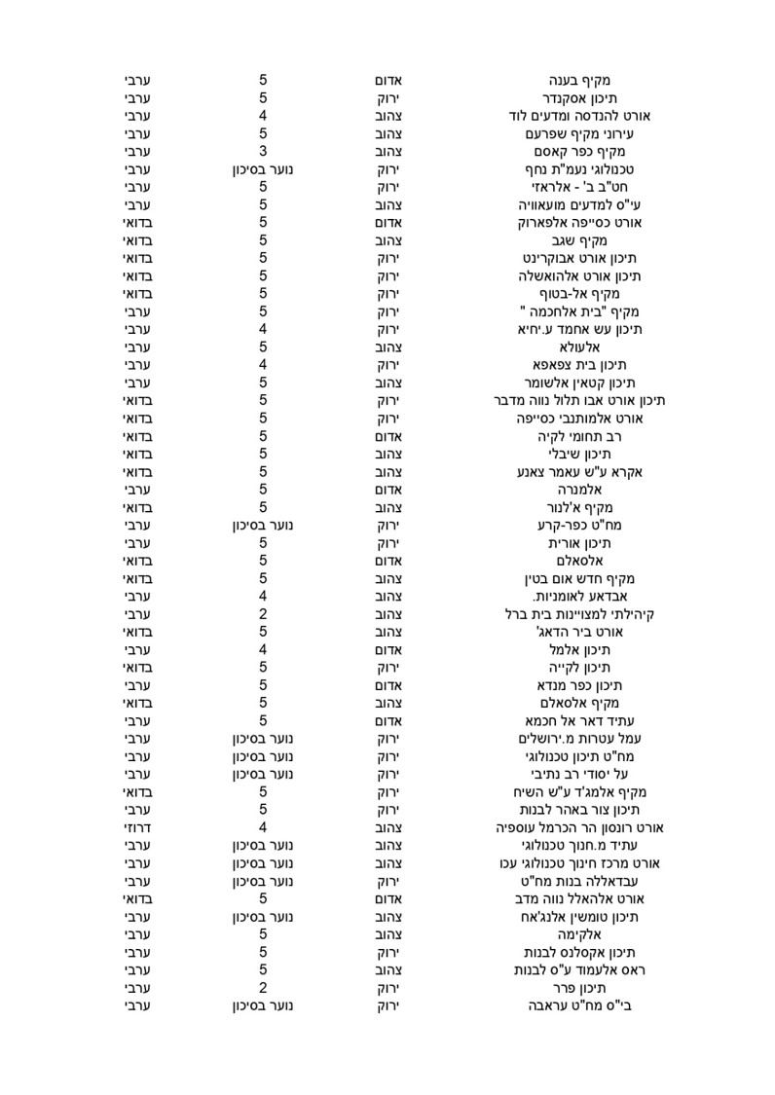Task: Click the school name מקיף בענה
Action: point(581,80)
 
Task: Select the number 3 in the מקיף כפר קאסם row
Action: point(263,151)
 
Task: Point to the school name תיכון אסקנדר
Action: point(580,97)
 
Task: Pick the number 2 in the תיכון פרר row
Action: point(263,987)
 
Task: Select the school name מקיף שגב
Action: point(580,240)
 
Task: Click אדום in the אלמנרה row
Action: point(390,490)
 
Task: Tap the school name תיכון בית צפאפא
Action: point(580,365)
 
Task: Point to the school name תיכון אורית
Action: point(580,543)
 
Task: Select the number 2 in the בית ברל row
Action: point(263,614)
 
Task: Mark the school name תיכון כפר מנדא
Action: point(580,685)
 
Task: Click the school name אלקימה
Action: point(581,933)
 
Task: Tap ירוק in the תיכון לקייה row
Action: point(390,668)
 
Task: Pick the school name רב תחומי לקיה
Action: point(580,436)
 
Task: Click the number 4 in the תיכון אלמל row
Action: point(263,649)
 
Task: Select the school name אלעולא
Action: point(581,347)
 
